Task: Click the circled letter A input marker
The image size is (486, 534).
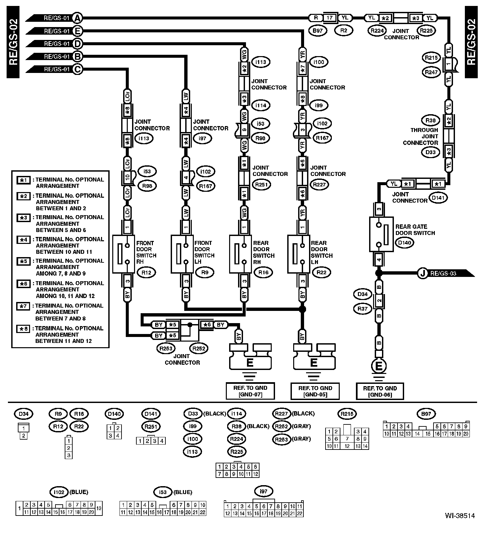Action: click(x=77, y=18)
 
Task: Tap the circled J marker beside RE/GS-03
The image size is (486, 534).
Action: click(x=422, y=273)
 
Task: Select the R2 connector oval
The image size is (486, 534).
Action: click(x=344, y=31)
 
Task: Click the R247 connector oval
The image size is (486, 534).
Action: click(x=431, y=72)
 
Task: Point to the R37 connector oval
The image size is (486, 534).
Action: click(x=363, y=309)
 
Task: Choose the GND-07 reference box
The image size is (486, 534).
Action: click(x=250, y=391)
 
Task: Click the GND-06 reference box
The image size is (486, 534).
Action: click(x=380, y=391)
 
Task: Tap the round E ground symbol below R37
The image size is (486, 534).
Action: click(x=379, y=366)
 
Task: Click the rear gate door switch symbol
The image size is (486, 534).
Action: click(x=381, y=234)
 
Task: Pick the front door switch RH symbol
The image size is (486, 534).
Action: click(x=123, y=254)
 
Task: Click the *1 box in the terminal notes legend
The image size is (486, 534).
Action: click(x=23, y=180)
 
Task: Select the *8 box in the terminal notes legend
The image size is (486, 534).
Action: click(x=23, y=329)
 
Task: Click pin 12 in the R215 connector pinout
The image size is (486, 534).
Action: click(x=347, y=446)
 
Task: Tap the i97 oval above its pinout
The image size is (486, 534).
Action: click(x=263, y=492)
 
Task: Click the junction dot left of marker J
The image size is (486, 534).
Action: click(x=379, y=273)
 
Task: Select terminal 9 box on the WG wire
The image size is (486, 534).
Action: click(x=244, y=130)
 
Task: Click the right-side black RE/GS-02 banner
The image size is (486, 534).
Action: click(x=471, y=42)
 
